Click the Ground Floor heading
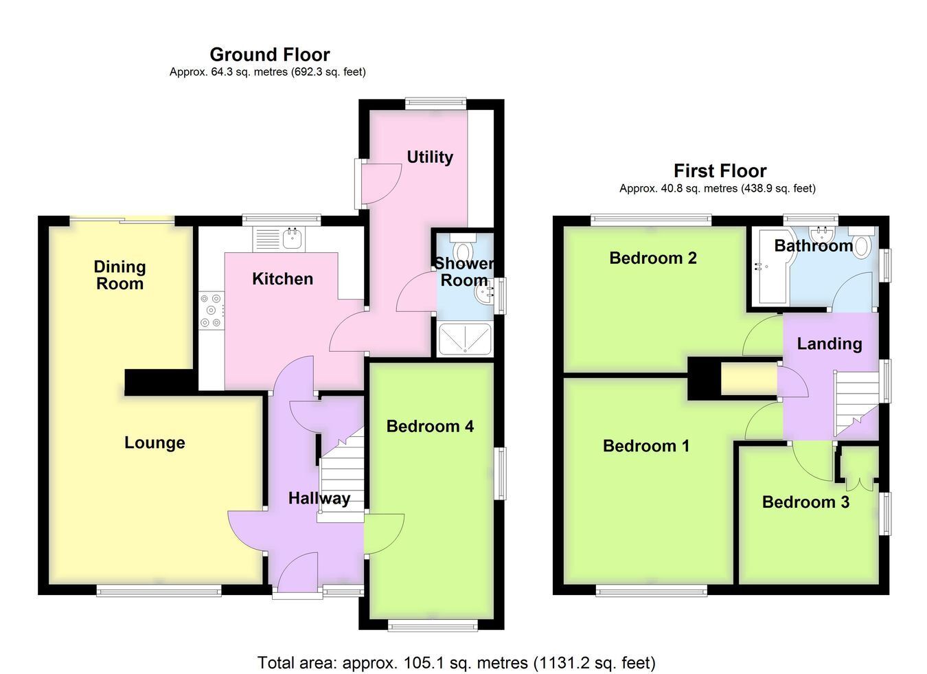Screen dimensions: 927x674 (x=270, y=55)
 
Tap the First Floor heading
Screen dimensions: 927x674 (x=720, y=171)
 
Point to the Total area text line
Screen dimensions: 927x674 (x=456, y=662)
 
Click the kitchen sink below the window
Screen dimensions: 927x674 (x=279, y=239)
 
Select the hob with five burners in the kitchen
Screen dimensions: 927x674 (x=211, y=311)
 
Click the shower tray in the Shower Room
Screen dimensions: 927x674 (x=465, y=339)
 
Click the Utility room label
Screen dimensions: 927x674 (x=430, y=157)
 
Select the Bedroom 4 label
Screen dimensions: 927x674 (x=430, y=426)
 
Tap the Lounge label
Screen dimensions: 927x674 (x=154, y=443)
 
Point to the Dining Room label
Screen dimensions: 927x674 (x=119, y=276)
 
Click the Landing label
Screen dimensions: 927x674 (x=829, y=344)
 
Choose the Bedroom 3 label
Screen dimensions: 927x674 (x=805, y=502)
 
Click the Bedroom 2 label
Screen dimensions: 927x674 (x=653, y=258)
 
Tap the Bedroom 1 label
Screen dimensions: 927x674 (x=646, y=446)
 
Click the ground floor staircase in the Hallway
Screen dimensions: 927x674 (x=341, y=475)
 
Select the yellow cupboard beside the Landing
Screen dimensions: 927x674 (x=748, y=379)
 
